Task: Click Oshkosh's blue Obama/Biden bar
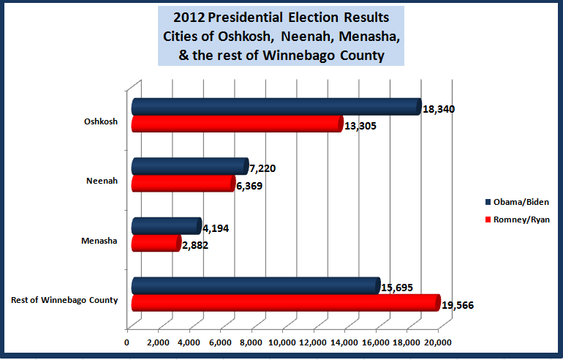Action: point(276,107)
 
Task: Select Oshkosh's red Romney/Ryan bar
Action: point(236,124)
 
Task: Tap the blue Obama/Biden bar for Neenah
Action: point(189,167)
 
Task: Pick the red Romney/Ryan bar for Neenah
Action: point(183,184)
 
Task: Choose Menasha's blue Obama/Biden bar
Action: point(166,226)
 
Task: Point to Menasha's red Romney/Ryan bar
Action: point(155,243)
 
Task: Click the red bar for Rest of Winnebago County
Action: point(285,303)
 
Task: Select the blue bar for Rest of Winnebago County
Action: point(255,286)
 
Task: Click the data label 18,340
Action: point(441,109)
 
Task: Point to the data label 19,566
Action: point(460,306)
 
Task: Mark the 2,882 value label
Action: point(194,245)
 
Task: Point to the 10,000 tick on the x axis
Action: point(283,342)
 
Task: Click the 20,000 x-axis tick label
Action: point(438,342)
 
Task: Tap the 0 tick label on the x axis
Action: point(127,342)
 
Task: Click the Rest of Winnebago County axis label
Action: point(65,299)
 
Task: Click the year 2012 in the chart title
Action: point(189,16)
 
